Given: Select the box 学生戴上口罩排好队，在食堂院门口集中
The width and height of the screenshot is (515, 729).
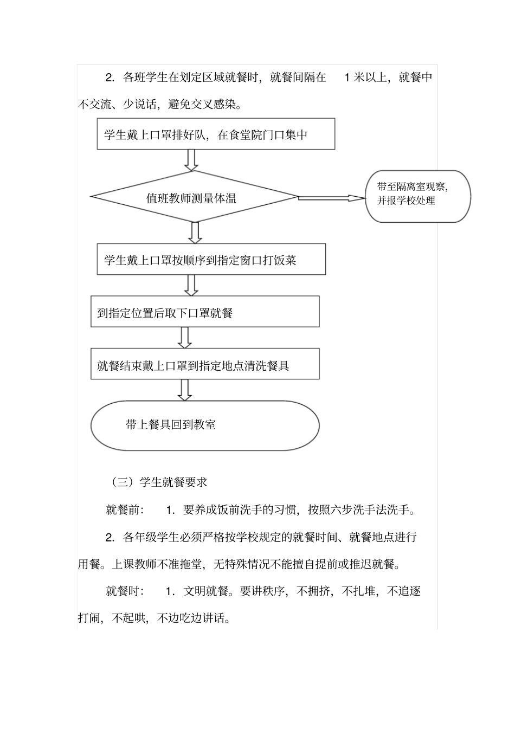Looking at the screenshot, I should (216, 134).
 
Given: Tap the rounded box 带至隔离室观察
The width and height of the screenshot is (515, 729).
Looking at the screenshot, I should (417, 196).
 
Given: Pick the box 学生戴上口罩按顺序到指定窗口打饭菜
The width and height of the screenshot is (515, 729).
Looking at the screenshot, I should (211, 260).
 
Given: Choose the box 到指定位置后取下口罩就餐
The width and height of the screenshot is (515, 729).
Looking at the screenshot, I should (204, 312).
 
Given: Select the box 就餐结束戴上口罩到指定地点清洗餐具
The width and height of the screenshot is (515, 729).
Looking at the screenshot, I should (204, 364).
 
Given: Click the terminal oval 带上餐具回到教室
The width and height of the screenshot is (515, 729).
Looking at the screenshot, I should (204, 425).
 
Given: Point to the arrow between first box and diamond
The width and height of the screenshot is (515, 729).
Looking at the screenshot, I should (191, 160).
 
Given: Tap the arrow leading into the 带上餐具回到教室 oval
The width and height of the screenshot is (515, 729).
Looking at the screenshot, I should (185, 390).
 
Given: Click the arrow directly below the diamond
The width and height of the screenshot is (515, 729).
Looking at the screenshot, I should (195, 233).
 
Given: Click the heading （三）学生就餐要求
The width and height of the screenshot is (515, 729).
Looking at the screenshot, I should (159, 481).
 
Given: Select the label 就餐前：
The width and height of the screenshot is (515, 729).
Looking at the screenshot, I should (125, 509).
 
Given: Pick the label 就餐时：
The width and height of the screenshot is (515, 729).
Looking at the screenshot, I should (125, 590).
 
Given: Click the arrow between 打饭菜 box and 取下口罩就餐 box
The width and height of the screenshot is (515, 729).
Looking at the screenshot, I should (191, 285).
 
